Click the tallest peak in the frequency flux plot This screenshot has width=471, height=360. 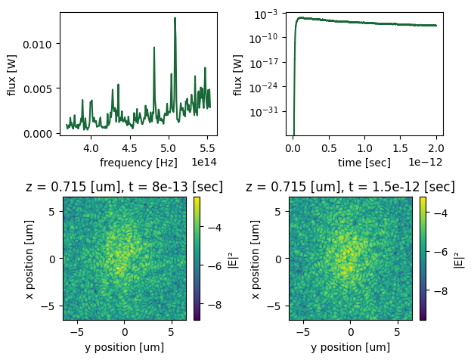pos(175,18)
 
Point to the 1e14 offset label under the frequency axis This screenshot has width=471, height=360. pos(204,162)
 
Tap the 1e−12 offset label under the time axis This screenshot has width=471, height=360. pos(428,162)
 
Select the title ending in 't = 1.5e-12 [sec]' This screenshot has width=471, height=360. pos(350,187)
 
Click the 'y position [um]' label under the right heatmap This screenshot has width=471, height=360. pos(350,347)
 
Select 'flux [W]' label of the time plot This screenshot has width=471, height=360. pos(238,73)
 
